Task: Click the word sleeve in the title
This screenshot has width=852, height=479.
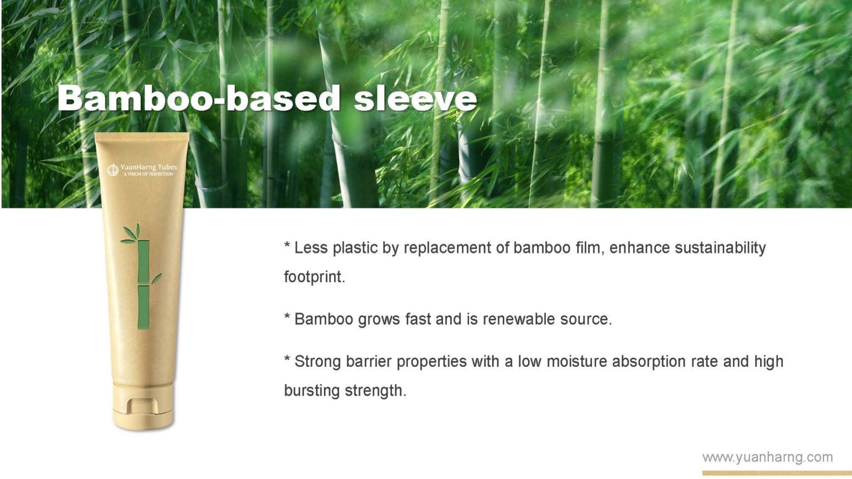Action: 415,99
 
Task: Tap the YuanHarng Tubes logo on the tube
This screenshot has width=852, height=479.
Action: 142,170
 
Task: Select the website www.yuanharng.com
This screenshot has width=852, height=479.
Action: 768,457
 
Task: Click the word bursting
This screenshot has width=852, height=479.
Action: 312,391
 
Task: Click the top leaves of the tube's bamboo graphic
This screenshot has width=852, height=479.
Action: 132,234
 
